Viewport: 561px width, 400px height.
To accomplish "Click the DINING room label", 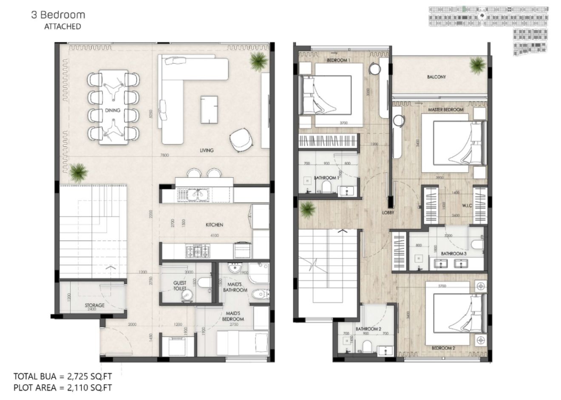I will coord(113,111).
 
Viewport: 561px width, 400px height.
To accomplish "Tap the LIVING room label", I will coord(207,150).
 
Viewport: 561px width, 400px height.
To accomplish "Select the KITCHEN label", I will coord(214,225).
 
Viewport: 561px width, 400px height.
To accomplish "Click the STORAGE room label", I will coord(94,305).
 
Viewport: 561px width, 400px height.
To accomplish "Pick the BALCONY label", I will coord(436,77).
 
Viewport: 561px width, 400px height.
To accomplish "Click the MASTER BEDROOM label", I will coord(445,110).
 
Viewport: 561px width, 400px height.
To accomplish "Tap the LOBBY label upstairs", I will coord(388,213).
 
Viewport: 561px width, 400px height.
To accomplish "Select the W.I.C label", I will coord(467,206).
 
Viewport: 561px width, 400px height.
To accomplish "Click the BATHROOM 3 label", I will coord(453,253).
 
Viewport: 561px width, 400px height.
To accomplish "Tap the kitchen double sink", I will coord(196,194).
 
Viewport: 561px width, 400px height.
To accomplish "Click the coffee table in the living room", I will coord(209,109).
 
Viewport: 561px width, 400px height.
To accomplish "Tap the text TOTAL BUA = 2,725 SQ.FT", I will coord(62,377).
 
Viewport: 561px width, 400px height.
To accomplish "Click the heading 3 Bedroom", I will coord(58,15).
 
